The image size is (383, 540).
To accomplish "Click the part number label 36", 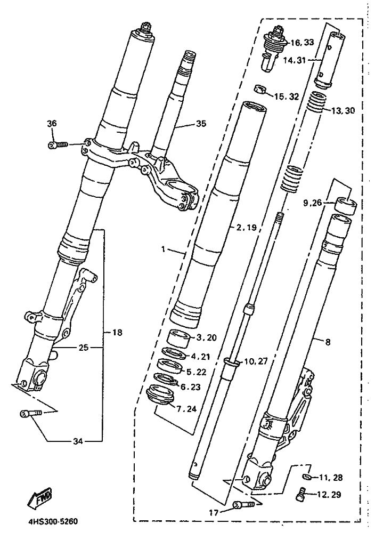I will pos(52,124).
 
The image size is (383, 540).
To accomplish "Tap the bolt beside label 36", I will pos(57,144).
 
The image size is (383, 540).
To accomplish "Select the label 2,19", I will pos(247,227).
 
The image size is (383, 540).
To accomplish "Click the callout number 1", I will pos(165,249).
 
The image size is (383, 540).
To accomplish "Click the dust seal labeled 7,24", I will pos(160,397).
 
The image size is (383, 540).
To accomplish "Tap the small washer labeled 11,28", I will pos(307,476).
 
